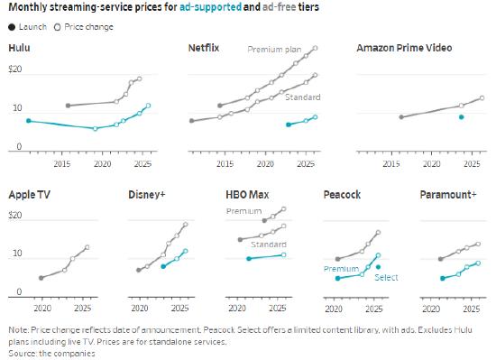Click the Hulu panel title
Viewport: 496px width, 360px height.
click(x=19, y=48)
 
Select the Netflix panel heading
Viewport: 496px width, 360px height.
click(x=204, y=48)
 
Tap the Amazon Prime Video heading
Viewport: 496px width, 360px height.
click(x=404, y=48)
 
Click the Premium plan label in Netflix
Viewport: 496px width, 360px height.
click(x=274, y=50)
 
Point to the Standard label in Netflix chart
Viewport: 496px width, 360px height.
click(x=303, y=97)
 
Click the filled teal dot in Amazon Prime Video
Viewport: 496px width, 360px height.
click(x=462, y=117)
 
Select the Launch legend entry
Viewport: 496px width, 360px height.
click(x=28, y=27)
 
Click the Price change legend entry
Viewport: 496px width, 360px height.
click(x=84, y=27)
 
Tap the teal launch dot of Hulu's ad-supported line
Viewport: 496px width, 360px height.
click(x=29, y=121)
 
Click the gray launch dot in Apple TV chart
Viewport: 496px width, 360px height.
click(x=41, y=278)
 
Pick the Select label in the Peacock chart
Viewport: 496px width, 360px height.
click(x=386, y=277)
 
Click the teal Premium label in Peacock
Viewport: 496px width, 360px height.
click(x=341, y=269)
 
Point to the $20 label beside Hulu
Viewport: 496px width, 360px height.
click(x=15, y=69)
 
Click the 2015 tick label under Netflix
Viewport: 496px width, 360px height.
click(x=225, y=164)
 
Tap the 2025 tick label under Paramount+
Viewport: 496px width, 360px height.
click(x=472, y=309)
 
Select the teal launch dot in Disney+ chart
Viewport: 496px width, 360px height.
click(x=163, y=267)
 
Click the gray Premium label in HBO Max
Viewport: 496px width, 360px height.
click(x=243, y=211)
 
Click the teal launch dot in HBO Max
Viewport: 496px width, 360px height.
click(x=249, y=259)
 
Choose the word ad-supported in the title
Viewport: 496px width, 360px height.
click(x=211, y=7)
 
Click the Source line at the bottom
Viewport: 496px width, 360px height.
click(x=52, y=354)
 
